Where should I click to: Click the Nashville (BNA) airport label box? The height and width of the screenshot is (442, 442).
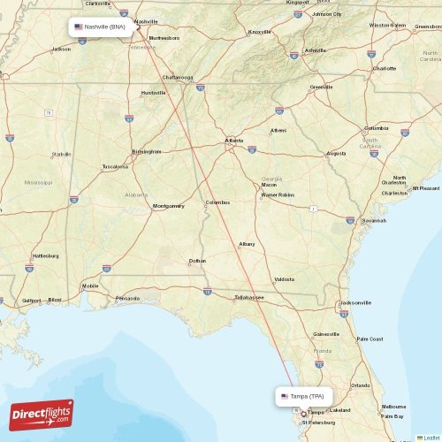pyautogui.click(x=103, y=27)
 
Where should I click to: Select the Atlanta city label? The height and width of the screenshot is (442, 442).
pyautogui.click(x=233, y=141)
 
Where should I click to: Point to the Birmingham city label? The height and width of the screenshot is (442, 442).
pyautogui.click(x=147, y=151)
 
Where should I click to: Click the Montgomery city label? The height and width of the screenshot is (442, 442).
pyautogui.click(x=168, y=206)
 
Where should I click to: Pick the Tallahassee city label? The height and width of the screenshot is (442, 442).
pyautogui.click(x=248, y=297)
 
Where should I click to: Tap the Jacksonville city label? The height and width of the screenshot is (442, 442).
pyautogui.click(x=355, y=302)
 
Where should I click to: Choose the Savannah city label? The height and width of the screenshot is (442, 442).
pyautogui.click(x=374, y=220)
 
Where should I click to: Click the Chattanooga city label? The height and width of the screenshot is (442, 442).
pyautogui.click(x=178, y=77)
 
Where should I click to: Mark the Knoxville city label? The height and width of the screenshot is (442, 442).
pyautogui.click(x=260, y=31)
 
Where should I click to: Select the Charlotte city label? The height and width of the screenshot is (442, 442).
pyautogui.click(x=385, y=68)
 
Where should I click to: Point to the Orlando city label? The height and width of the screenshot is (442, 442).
pyautogui.click(x=360, y=385)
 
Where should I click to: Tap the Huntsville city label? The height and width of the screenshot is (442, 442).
pyautogui.click(x=153, y=92)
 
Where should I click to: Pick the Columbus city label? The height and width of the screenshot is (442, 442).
pyautogui.click(x=217, y=202)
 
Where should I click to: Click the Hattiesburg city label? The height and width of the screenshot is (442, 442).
pyautogui.click(x=45, y=255)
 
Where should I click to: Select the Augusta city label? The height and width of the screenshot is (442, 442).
pyautogui.click(x=336, y=153)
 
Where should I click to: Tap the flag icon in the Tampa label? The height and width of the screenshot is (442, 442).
pyautogui.click(x=285, y=396)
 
